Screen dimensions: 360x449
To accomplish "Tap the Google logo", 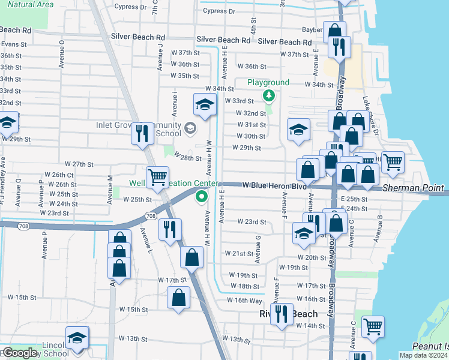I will pos(19,353).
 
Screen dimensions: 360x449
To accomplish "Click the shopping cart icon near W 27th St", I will pos(157,176).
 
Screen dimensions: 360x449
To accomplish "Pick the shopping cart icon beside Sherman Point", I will pos(393,161).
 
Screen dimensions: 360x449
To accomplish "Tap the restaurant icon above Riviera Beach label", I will pos(281,313).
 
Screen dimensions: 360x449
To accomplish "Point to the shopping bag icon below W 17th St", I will pos(179,297).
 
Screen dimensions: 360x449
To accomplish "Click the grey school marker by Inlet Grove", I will pos(190,128).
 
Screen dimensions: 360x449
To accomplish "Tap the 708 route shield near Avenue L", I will pos(151,215).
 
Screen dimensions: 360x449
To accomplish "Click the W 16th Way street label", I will pos(244,299).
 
